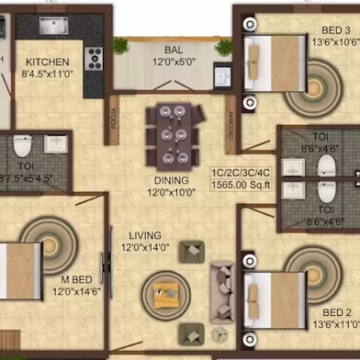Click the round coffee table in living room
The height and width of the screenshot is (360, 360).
click(x=165, y=293)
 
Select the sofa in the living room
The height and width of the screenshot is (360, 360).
click(x=223, y=288)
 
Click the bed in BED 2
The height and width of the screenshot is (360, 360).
click(x=272, y=294)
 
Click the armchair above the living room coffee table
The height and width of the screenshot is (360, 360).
click(x=193, y=250)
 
